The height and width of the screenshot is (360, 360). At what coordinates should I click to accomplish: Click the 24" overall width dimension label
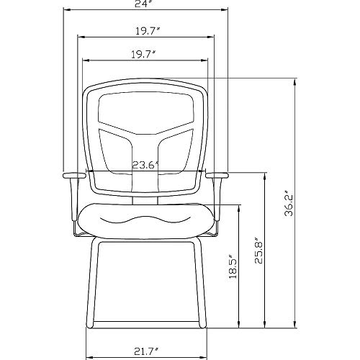144,4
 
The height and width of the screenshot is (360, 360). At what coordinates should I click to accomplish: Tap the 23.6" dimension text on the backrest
145,165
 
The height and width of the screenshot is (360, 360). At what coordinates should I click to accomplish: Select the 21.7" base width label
146,352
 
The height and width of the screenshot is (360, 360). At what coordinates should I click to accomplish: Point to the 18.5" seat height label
233,266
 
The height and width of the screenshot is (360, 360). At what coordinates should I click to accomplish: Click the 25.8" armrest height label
259,251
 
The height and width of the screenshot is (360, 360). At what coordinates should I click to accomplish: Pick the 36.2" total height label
289,203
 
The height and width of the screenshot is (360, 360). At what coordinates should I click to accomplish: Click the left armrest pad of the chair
74,176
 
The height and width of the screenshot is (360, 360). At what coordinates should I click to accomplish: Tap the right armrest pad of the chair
217,176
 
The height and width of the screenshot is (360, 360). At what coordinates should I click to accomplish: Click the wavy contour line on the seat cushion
146,219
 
